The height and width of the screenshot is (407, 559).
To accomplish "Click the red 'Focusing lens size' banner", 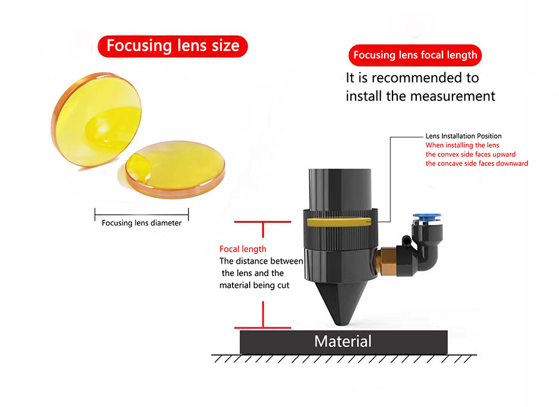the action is pyautogui.click(x=172, y=46).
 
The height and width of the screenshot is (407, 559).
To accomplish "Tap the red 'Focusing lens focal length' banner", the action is pyautogui.click(x=415, y=55).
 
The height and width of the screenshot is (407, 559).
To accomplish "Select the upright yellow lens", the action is pyautogui.click(x=96, y=120).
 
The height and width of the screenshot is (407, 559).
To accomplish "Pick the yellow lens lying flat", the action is pyautogui.click(x=175, y=170).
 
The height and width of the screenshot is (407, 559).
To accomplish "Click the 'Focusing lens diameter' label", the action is pyautogui.click(x=142, y=223).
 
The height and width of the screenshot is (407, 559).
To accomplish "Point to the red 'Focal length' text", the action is pyautogui.click(x=243, y=249).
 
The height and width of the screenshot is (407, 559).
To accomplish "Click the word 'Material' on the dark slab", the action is pyautogui.click(x=343, y=342).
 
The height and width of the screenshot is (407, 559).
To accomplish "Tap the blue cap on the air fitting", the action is pyautogui.click(x=427, y=217).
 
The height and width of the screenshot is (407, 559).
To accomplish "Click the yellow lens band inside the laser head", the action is pyautogui.click(x=339, y=222).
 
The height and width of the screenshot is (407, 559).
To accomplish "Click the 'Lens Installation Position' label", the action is pyautogui.click(x=463, y=136).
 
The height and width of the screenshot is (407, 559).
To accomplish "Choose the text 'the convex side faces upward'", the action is pyautogui.click(x=470, y=155).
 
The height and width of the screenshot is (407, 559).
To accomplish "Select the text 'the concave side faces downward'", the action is pyautogui.click(x=477, y=164).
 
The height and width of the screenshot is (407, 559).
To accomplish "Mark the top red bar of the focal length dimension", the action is pyautogui.click(x=263, y=222).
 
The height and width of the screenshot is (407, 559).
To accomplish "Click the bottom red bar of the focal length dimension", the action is pyautogui.click(x=263, y=327).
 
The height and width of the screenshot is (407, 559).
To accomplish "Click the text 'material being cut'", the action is pyautogui.click(x=254, y=286).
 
